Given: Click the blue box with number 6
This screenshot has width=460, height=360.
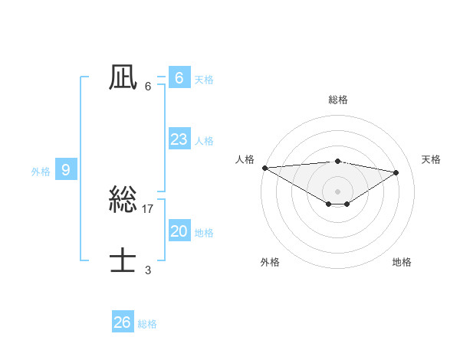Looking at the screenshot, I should click(x=179, y=78).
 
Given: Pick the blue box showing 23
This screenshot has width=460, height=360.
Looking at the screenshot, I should click(x=179, y=139).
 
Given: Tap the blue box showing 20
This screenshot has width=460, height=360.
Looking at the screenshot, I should click(x=179, y=231).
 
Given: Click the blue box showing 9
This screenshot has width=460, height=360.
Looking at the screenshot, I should click(x=66, y=170).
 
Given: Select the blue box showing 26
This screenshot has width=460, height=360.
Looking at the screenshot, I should click(x=122, y=322).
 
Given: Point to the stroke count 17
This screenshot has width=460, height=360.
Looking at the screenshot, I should click(x=148, y=208).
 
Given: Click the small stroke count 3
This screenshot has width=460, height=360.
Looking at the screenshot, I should click(x=148, y=270).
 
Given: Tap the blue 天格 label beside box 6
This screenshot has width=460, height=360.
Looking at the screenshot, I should click(x=204, y=79).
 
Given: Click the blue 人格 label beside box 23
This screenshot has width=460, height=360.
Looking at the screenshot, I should click(x=204, y=140).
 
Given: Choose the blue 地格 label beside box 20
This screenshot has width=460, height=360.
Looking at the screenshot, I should click(x=204, y=232).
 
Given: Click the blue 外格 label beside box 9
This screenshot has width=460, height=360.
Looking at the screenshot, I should click(x=41, y=172).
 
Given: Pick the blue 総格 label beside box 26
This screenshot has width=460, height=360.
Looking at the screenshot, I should click(x=147, y=324).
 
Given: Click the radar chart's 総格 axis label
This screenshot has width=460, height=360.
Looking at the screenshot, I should click(x=337, y=100).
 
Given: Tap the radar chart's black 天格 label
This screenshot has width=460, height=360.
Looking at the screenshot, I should click(x=431, y=159).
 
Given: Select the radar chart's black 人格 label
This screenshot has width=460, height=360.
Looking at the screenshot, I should click(x=245, y=159).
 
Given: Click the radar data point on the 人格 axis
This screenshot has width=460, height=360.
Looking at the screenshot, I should click(x=264, y=167).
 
